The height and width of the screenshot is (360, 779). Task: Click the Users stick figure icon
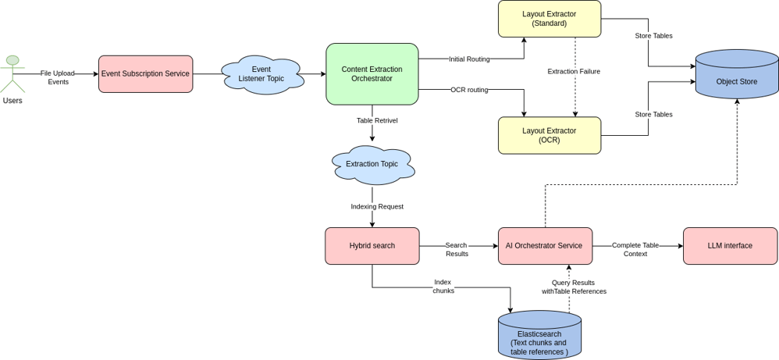click(x=12, y=74)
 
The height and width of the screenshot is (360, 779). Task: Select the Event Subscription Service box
click(x=145, y=74)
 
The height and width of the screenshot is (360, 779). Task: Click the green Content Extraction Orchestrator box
click(x=372, y=74)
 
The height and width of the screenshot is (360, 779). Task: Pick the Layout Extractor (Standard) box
click(x=550, y=19)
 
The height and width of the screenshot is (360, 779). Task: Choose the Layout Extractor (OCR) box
click(x=550, y=135)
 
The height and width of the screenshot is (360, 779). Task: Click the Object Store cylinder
click(x=737, y=75)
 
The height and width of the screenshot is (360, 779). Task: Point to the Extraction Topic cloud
click(x=372, y=164)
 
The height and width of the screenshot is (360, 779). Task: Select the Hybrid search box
click(x=372, y=246)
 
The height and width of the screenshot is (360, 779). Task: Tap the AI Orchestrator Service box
click(x=545, y=246)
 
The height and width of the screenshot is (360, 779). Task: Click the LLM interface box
click(x=730, y=246)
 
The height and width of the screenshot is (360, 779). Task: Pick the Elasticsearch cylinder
click(x=539, y=337)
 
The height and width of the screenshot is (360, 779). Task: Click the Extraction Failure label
click(x=574, y=71)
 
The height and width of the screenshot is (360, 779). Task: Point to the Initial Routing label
click(x=469, y=59)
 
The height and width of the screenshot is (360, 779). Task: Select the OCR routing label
click(x=469, y=90)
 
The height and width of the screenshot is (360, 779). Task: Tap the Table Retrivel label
click(x=376, y=120)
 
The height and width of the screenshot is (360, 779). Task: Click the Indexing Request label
click(x=377, y=206)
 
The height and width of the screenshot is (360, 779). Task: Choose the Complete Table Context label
click(x=635, y=249)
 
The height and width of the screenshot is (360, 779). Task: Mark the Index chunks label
click(x=443, y=286)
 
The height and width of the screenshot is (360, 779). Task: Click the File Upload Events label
click(x=58, y=77)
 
